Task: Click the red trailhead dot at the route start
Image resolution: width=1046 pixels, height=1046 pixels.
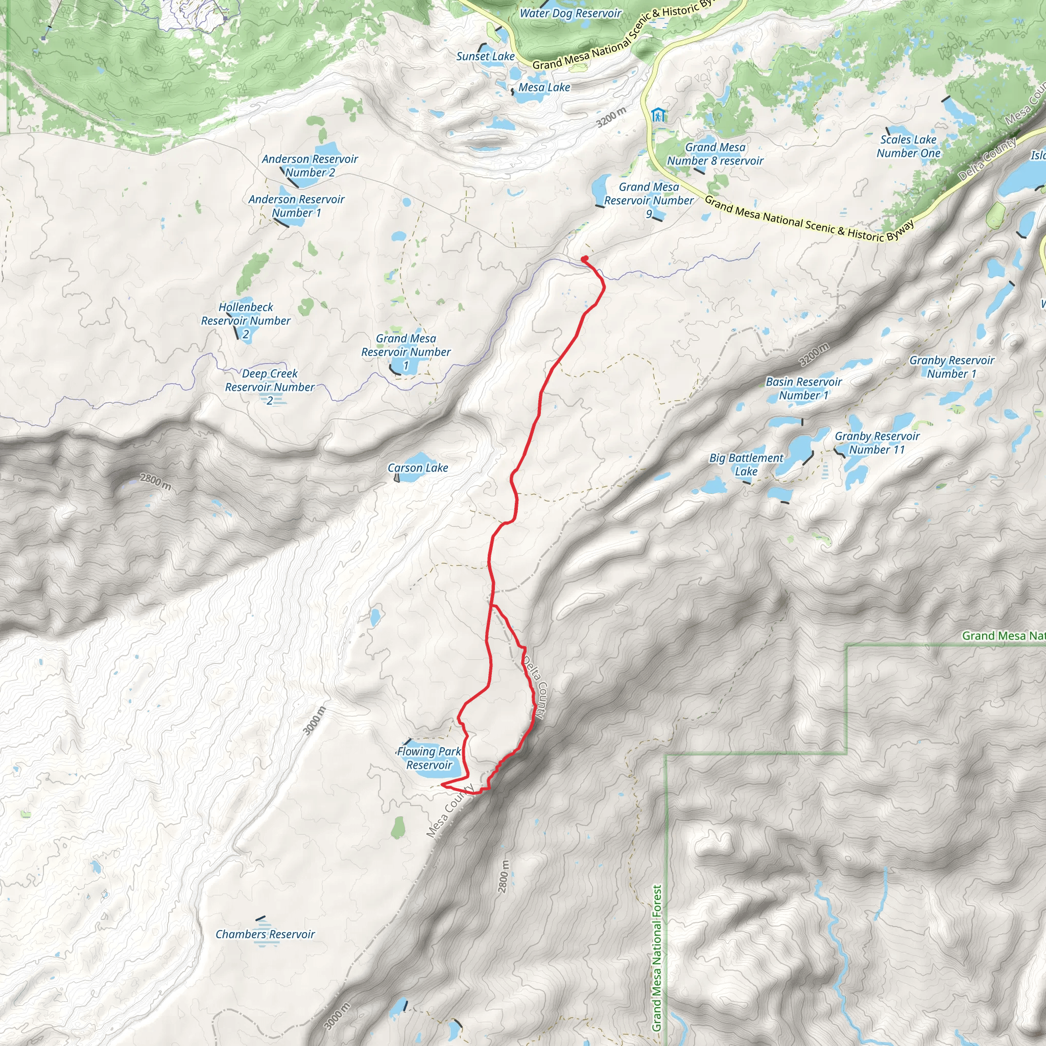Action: [585, 259]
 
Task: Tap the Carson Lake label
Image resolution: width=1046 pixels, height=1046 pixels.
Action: [417, 468]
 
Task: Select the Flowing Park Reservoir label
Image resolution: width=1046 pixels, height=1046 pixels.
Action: [429, 758]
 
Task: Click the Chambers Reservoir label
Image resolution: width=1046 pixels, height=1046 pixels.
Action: [265, 934]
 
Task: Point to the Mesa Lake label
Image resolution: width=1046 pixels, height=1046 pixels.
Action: [544, 87]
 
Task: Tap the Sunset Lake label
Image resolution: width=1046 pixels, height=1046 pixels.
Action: [485, 56]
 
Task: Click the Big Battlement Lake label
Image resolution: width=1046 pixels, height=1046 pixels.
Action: [746, 465]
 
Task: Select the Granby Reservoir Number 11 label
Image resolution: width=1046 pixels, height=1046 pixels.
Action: [876, 442]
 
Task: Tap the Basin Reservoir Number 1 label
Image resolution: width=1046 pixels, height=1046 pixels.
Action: [803, 388]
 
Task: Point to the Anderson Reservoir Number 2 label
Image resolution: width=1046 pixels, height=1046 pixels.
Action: [310, 165]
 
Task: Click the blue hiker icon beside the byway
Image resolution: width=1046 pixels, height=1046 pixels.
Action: [658, 115]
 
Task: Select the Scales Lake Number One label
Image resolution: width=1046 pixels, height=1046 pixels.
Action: [908, 146]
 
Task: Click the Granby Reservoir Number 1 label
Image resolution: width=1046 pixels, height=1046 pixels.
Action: [952, 367]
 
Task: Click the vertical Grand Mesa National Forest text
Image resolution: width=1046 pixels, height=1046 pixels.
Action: [657, 958]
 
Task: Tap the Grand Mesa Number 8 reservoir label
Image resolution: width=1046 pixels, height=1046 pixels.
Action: [715, 154]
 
